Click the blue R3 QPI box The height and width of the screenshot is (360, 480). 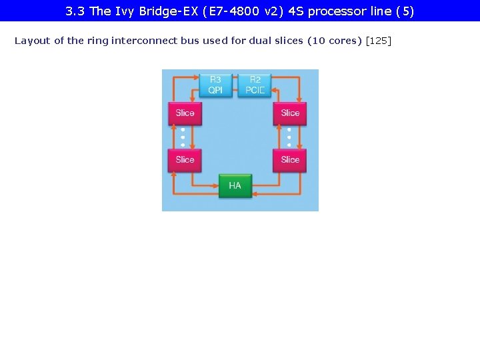[x=215, y=85]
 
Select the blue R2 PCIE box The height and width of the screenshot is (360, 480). [x=255, y=85]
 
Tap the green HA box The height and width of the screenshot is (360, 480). [x=235, y=185]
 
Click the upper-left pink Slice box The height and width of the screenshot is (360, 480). [x=185, y=113]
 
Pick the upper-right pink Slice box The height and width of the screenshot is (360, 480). [x=290, y=113]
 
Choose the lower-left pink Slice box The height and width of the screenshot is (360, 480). [x=185, y=160]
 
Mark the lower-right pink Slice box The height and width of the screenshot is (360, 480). [x=290, y=160]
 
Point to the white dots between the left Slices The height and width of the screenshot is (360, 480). [x=183, y=137]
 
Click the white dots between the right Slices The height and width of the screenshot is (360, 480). [x=289, y=137]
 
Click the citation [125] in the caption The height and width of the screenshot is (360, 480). [x=379, y=41]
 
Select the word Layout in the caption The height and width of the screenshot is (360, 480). [x=33, y=41]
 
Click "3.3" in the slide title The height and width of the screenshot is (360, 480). [x=75, y=11]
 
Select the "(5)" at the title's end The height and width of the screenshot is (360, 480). [x=405, y=11]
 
